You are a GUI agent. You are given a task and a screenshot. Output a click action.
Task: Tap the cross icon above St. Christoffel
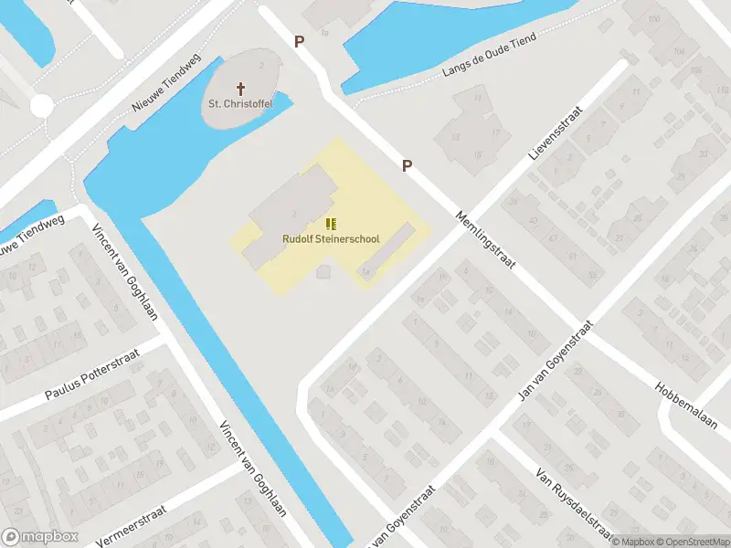click(x=241, y=89)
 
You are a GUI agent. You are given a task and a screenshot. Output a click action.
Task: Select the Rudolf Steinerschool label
click(x=330, y=239)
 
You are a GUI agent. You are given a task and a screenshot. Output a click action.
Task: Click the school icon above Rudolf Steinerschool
click(x=330, y=224)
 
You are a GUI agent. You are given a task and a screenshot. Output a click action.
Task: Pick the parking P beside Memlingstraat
click(x=408, y=165)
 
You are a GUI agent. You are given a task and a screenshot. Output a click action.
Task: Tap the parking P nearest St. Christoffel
click(x=298, y=41)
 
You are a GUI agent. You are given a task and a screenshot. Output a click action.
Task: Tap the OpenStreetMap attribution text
click(x=692, y=542)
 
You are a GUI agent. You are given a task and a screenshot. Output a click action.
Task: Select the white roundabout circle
click(x=41, y=106)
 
